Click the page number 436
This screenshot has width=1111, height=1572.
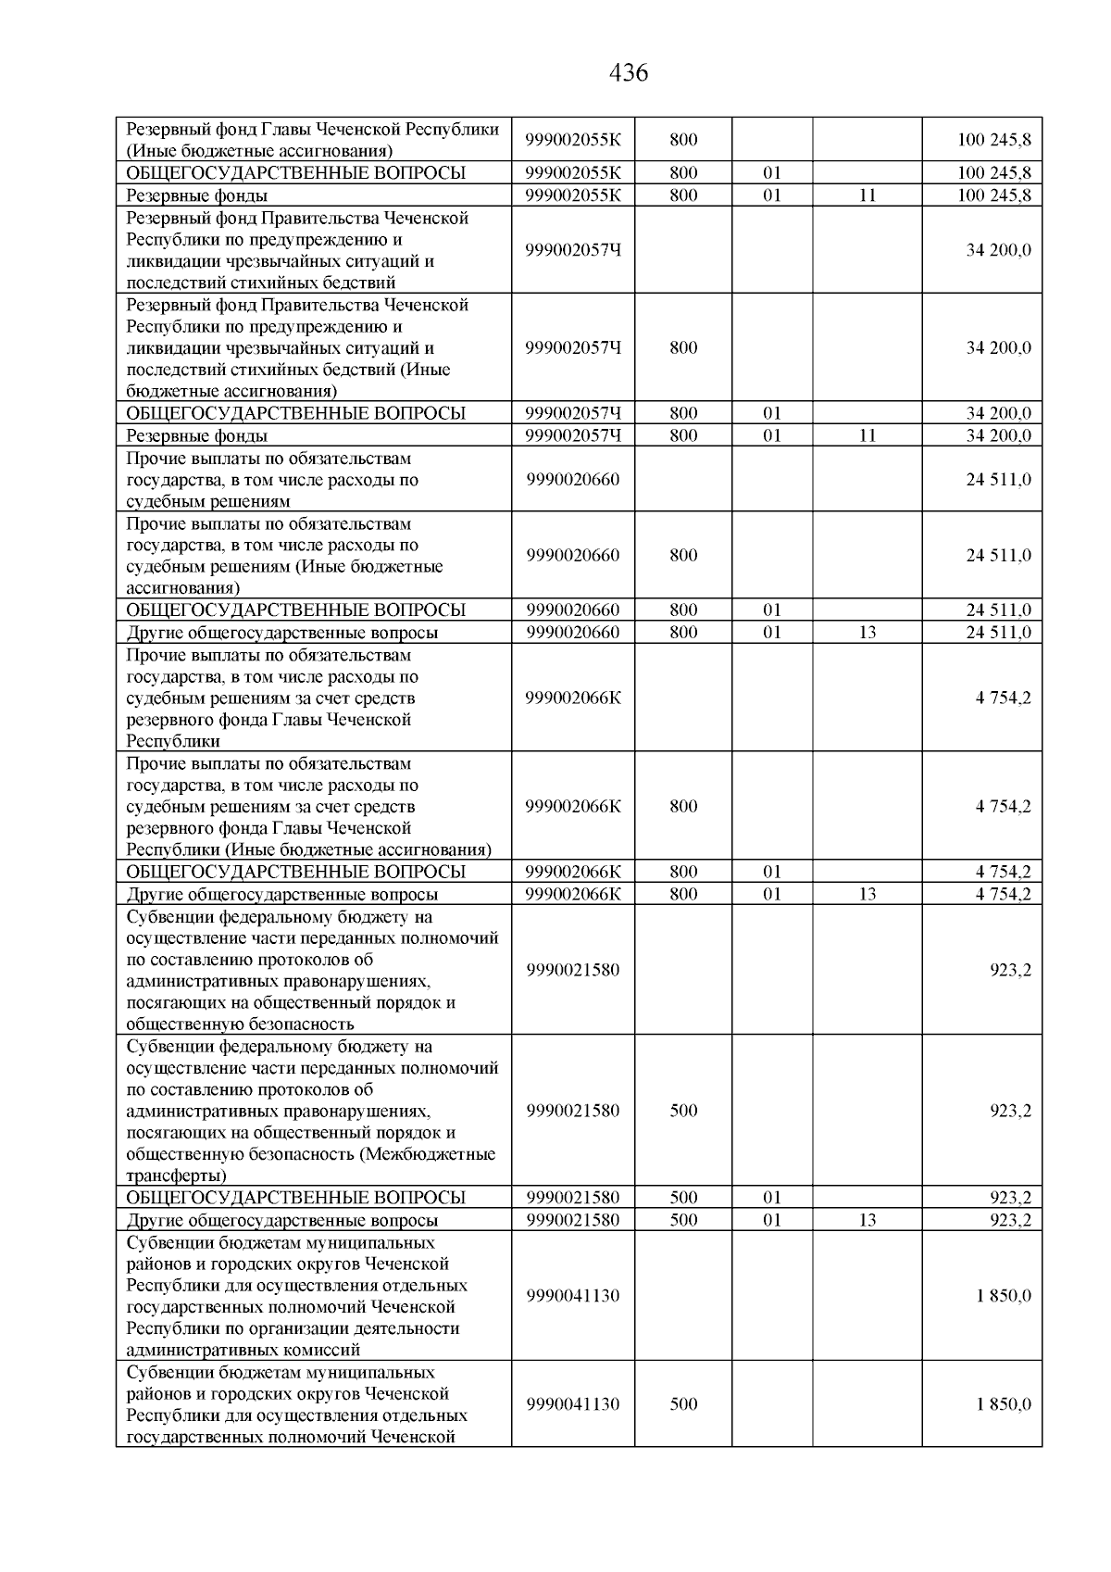pos(630,73)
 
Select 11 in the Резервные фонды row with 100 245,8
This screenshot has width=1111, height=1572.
pos(867,195)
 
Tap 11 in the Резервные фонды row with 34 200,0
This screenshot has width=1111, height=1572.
pos(867,435)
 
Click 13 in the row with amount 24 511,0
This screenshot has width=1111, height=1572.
pos(867,633)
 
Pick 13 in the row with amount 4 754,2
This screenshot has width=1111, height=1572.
pos(867,894)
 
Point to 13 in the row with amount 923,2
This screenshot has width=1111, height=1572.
pos(867,1220)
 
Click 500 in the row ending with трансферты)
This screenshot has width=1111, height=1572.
pos(683,1111)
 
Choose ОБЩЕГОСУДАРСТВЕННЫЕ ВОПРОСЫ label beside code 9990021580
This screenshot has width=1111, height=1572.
pos(295,1198)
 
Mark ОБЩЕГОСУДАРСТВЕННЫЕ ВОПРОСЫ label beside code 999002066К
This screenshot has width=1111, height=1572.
pos(295,872)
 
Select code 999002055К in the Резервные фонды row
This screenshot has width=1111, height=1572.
pos(573,195)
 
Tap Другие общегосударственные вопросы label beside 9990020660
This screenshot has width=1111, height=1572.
pos(282,633)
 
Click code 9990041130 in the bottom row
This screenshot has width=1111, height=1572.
pos(573,1404)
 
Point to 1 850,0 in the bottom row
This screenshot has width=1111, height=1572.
pos(1003,1404)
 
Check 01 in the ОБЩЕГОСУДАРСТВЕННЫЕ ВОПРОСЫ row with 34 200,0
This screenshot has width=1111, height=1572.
pos(772,413)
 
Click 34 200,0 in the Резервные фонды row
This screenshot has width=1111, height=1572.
pos(999,435)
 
